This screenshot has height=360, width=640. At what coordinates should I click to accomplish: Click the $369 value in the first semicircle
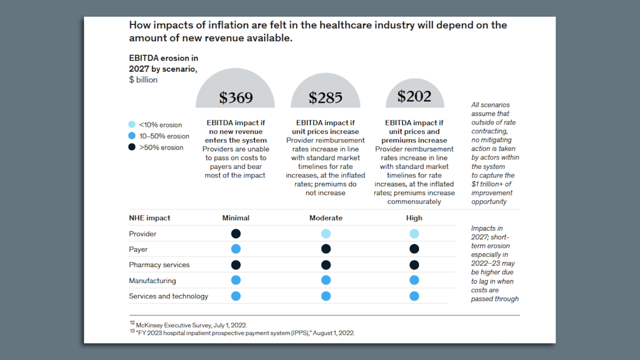236,97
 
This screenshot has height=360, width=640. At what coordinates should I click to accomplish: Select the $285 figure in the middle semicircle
326,97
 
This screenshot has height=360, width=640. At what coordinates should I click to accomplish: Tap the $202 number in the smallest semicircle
414,96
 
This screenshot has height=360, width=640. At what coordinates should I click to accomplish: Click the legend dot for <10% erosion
132,125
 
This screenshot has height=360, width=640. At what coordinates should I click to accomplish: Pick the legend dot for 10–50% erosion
132,136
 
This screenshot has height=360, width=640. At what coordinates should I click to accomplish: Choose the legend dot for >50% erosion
132,147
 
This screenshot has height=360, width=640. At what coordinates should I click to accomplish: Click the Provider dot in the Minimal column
236,233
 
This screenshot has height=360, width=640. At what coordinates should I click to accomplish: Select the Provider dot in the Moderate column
326,233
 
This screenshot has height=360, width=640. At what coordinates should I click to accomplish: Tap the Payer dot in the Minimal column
236,249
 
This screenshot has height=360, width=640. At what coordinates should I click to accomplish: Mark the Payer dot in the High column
414,249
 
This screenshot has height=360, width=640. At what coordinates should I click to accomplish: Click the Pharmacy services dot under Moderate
326,265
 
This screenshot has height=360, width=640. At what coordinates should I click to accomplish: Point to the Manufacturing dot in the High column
414,280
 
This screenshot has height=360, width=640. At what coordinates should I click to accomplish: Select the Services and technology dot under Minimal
236,296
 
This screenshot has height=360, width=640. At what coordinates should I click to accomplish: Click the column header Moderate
326,218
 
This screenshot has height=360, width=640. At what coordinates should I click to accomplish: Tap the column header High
414,218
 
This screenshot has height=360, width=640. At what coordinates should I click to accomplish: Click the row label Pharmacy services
159,265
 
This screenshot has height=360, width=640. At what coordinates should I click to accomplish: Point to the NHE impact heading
149,218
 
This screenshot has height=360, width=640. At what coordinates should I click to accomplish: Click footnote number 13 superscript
132,331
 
